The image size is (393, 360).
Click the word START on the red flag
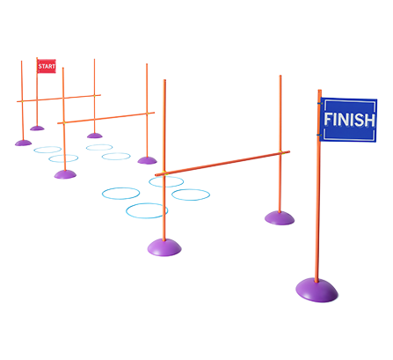tap(47, 66)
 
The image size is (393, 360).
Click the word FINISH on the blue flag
tap(349, 120)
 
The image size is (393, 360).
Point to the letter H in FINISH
tap(369, 121)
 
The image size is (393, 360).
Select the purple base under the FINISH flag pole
tap(317, 290)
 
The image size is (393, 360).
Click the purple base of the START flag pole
tap(37, 129)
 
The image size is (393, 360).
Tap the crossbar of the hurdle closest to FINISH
tap(222, 164)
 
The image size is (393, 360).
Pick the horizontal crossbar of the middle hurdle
tap(106, 118)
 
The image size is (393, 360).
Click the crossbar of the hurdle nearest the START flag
tap(59, 99)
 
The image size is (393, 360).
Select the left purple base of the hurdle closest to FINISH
tap(164, 247)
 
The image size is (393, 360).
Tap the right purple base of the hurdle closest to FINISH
tap(280, 218)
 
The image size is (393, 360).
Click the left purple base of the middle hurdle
tap(65, 174)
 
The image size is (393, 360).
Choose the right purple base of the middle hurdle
tap(147, 160)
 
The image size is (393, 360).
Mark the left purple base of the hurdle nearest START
tap(24, 143)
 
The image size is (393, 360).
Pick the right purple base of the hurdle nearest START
tap(95, 136)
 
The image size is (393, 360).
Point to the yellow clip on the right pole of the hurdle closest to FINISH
tap(280, 152)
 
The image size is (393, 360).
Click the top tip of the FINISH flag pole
tap(320, 90)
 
